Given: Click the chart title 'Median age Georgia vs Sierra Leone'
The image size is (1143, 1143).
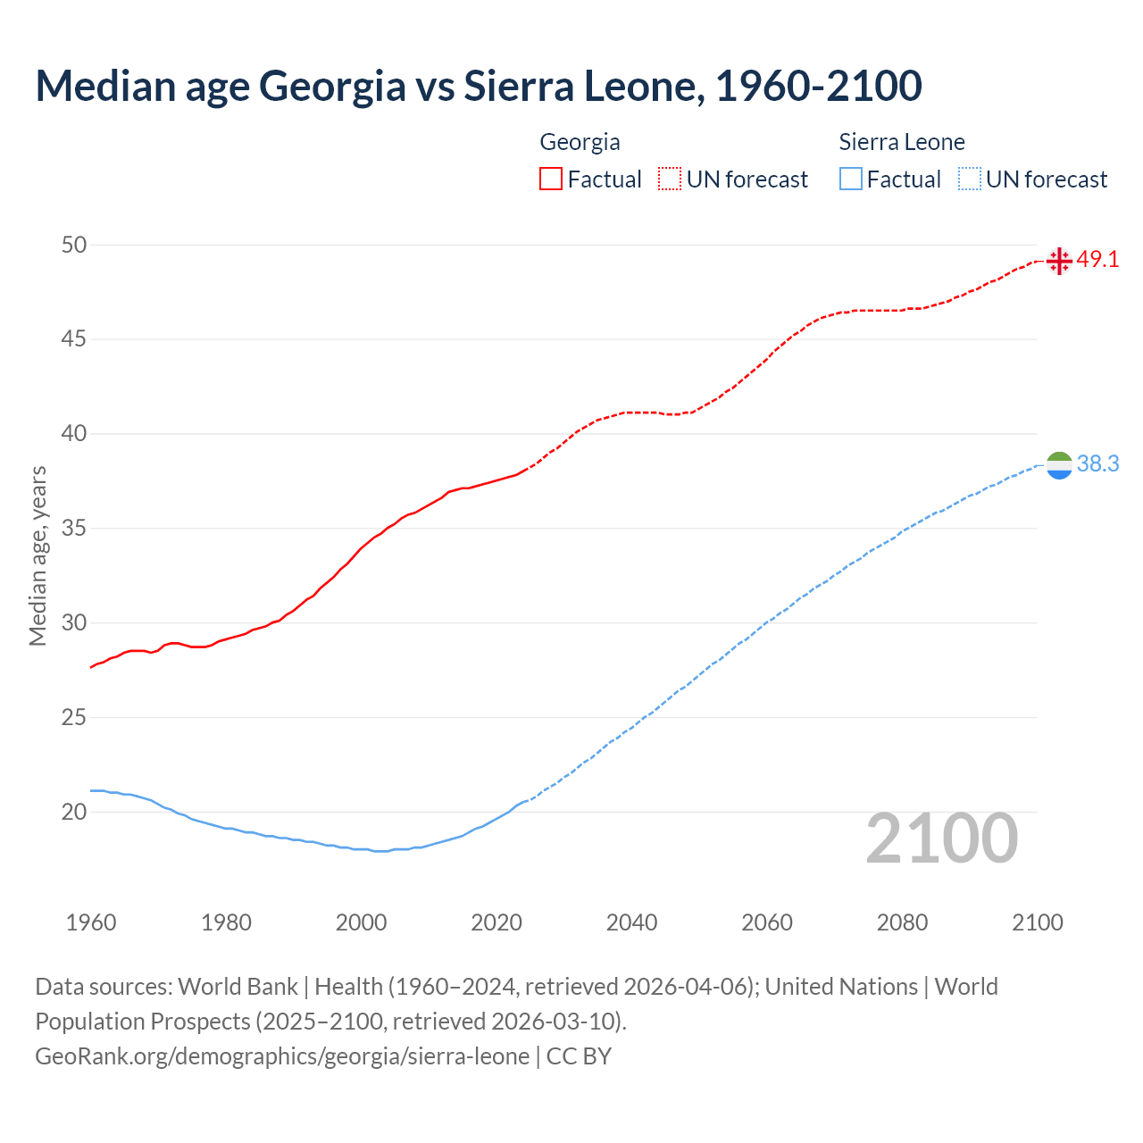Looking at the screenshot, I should click(479, 86).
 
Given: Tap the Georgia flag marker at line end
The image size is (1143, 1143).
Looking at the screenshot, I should click(1059, 261).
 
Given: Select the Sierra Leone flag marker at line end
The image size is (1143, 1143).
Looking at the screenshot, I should click(1059, 465).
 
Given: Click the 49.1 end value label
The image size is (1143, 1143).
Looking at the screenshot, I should click(1097, 260).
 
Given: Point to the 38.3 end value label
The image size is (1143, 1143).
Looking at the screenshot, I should click(1097, 464).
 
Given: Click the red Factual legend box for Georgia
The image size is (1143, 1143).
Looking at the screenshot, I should click(551, 179).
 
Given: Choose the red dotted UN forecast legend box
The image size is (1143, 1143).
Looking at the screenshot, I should click(670, 179).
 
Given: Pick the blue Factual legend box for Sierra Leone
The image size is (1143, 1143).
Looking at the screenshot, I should click(851, 179).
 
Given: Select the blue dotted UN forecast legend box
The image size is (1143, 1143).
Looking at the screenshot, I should click(969, 179).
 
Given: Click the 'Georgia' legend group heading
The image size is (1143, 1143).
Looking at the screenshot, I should click(580, 142).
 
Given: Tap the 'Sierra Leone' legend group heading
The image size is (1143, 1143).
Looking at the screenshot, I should click(902, 142).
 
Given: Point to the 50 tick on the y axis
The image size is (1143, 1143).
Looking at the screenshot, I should click(74, 245).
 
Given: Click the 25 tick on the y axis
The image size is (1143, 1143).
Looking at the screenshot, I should click(74, 717).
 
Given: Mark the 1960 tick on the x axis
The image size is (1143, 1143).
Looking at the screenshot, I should click(91, 922).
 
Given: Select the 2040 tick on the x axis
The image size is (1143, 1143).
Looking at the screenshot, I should click(631, 922).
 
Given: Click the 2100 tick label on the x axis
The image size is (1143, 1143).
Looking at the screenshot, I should click(1038, 922).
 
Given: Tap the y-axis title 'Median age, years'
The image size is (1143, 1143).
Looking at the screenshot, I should click(38, 555).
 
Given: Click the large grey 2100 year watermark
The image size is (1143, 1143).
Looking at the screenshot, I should click(942, 838).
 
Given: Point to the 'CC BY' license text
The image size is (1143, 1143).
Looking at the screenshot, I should click(579, 1056).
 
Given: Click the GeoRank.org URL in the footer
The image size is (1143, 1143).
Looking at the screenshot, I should click(282, 1056).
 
